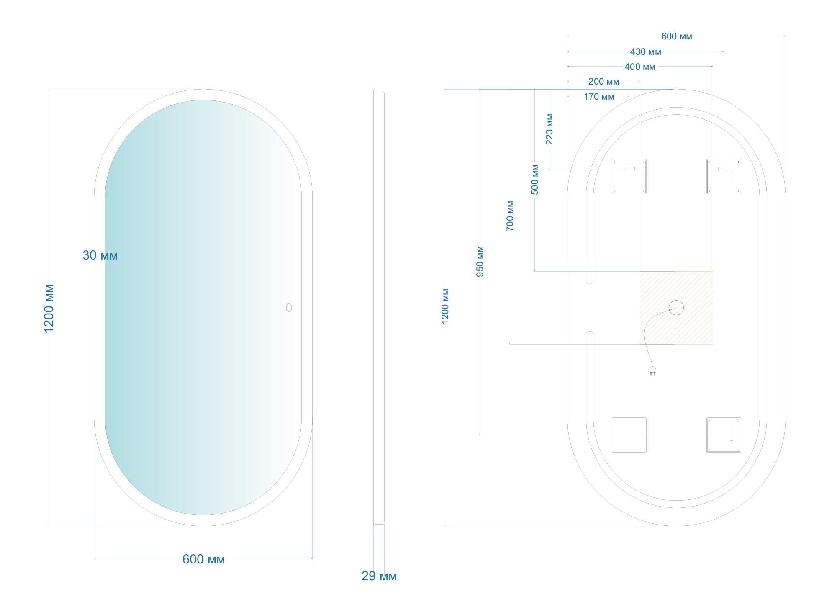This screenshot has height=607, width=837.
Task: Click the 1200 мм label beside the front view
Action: [x=49, y=309]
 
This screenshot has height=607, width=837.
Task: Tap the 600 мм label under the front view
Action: [x=203, y=559]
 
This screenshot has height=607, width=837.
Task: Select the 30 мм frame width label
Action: [x=100, y=255]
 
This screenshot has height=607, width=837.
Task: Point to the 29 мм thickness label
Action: [x=379, y=576]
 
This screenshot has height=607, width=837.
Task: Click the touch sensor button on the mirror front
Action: [x=289, y=308]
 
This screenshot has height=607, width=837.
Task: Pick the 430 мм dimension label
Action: [x=645, y=52]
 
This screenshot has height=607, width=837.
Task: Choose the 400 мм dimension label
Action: [x=640, y=67]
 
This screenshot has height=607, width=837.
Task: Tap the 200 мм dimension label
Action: [x=603, y=82]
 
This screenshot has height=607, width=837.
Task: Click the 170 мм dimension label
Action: [x=599, y=97]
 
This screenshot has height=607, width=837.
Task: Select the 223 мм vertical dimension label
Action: [x=549, y=129]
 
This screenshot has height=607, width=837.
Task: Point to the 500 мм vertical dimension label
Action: [x=535, y=180]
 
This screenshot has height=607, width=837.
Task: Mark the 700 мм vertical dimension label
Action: [x=510, y=216]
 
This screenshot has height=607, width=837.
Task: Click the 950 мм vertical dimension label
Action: [x=480, y=262]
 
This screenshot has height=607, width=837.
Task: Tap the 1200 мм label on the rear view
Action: [x=445, y=306]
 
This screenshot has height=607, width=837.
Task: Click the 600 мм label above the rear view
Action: [x=677, y=36]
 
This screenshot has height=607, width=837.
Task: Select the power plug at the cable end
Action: [x=652, y=370]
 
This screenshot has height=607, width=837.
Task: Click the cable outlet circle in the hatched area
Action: [x=676, y=308]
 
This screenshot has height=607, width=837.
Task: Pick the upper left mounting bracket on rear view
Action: [x=629, y=176]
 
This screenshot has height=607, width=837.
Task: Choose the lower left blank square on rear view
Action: [x=629, y=435]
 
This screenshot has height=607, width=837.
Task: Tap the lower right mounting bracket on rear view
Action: [x=724, y=435]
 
